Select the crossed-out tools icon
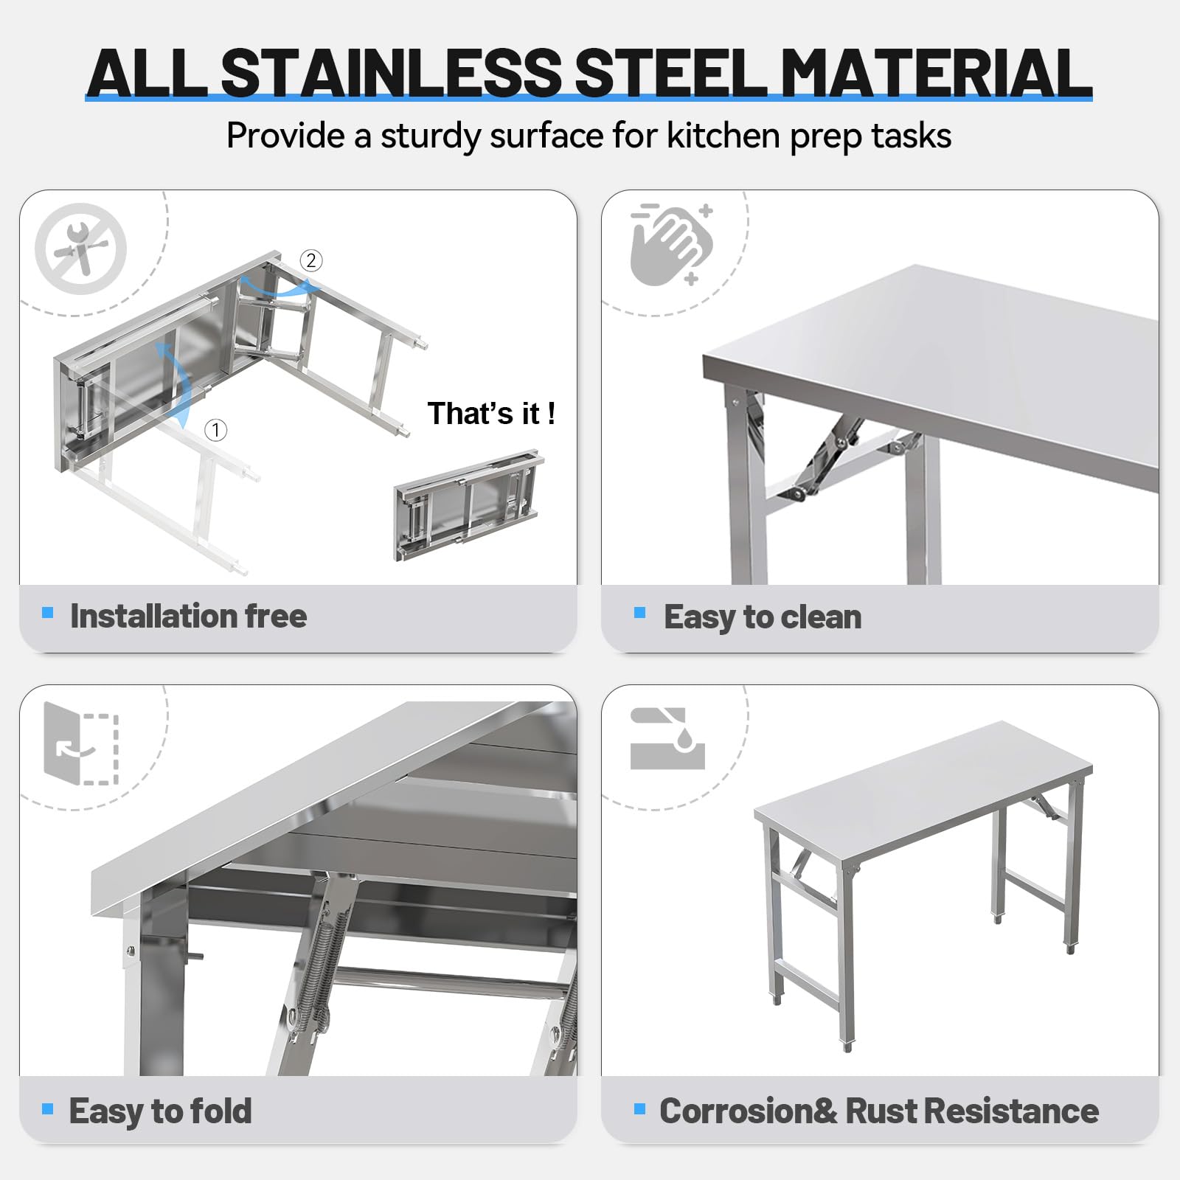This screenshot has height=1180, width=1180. [x=81, y=249]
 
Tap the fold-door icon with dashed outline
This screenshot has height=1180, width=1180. [x=81, y=743]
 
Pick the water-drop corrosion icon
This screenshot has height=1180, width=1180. [x=668, y=738]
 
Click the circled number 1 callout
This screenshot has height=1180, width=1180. [x=215, y=430]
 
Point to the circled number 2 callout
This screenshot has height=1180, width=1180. [x=310, y=260]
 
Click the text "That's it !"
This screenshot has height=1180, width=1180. [x=491, y=414]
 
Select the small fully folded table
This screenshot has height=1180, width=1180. [x=469, y=505]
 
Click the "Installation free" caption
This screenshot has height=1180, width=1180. [x=188, y=616]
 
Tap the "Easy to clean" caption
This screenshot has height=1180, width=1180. [x=763, y=617]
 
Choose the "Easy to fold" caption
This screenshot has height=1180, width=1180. [x=160, y=1111]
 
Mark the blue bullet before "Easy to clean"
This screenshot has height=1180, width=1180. [x=639, y=613]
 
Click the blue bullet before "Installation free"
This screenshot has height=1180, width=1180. [x=48, y=612]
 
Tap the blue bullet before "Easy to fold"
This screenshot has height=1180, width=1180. [x=48, y=1108]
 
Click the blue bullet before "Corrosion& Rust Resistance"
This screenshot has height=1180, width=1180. [x=639, y=1108]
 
